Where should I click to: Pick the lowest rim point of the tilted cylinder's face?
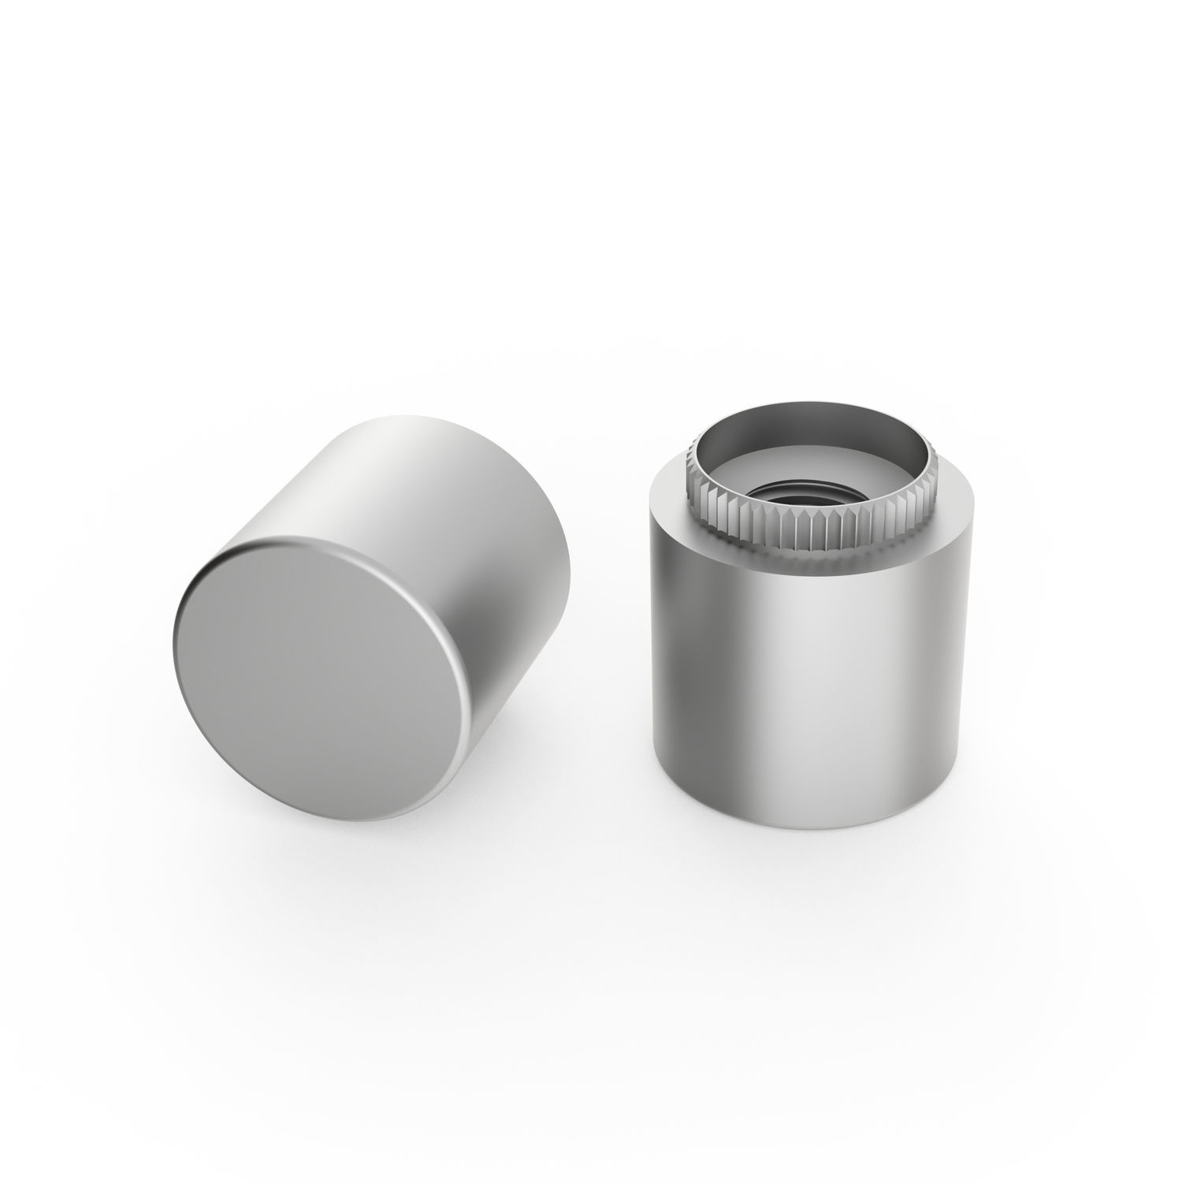tap(347, 816)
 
